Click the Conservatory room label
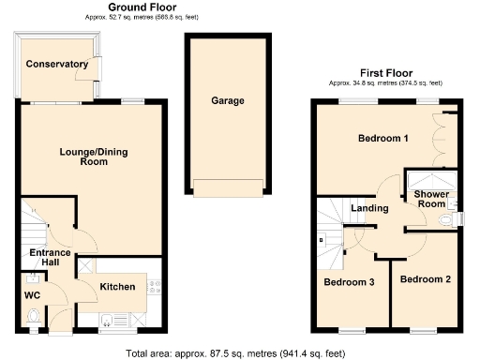tap(57, 64)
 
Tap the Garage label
tap(227, 100)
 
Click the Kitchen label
tap(118, 286)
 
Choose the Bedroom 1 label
tap(382, 139)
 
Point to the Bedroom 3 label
tap(349, 281)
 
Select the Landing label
tap(369, 207)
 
